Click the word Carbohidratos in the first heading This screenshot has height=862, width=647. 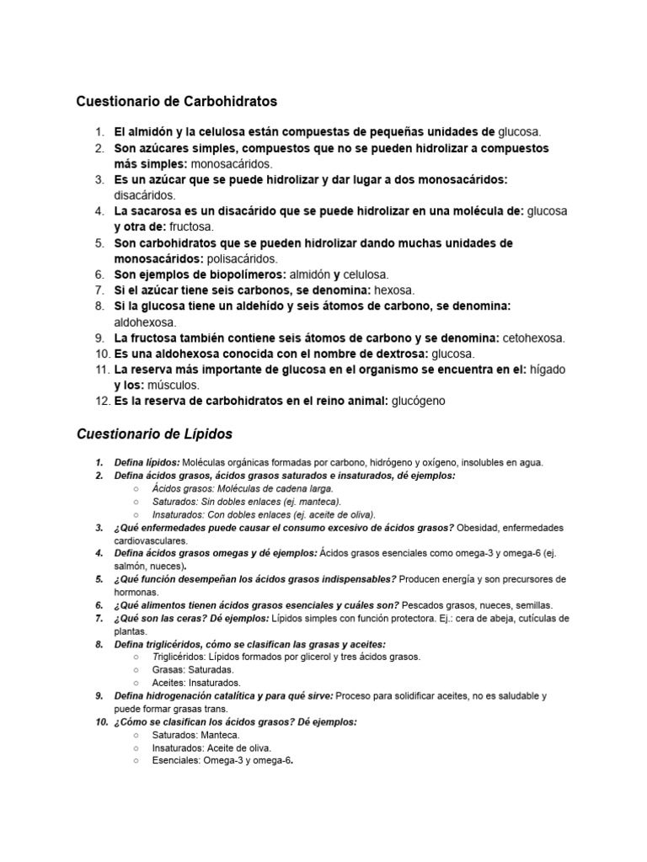[229, 102]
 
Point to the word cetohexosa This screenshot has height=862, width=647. [533, 338]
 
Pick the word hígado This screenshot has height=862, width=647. [547, 370]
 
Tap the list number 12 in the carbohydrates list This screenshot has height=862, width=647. [102, 401]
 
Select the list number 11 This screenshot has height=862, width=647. [102, 370]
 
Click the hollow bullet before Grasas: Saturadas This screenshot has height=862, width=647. [136, 670]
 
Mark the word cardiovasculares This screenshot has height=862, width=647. [151, 540]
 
